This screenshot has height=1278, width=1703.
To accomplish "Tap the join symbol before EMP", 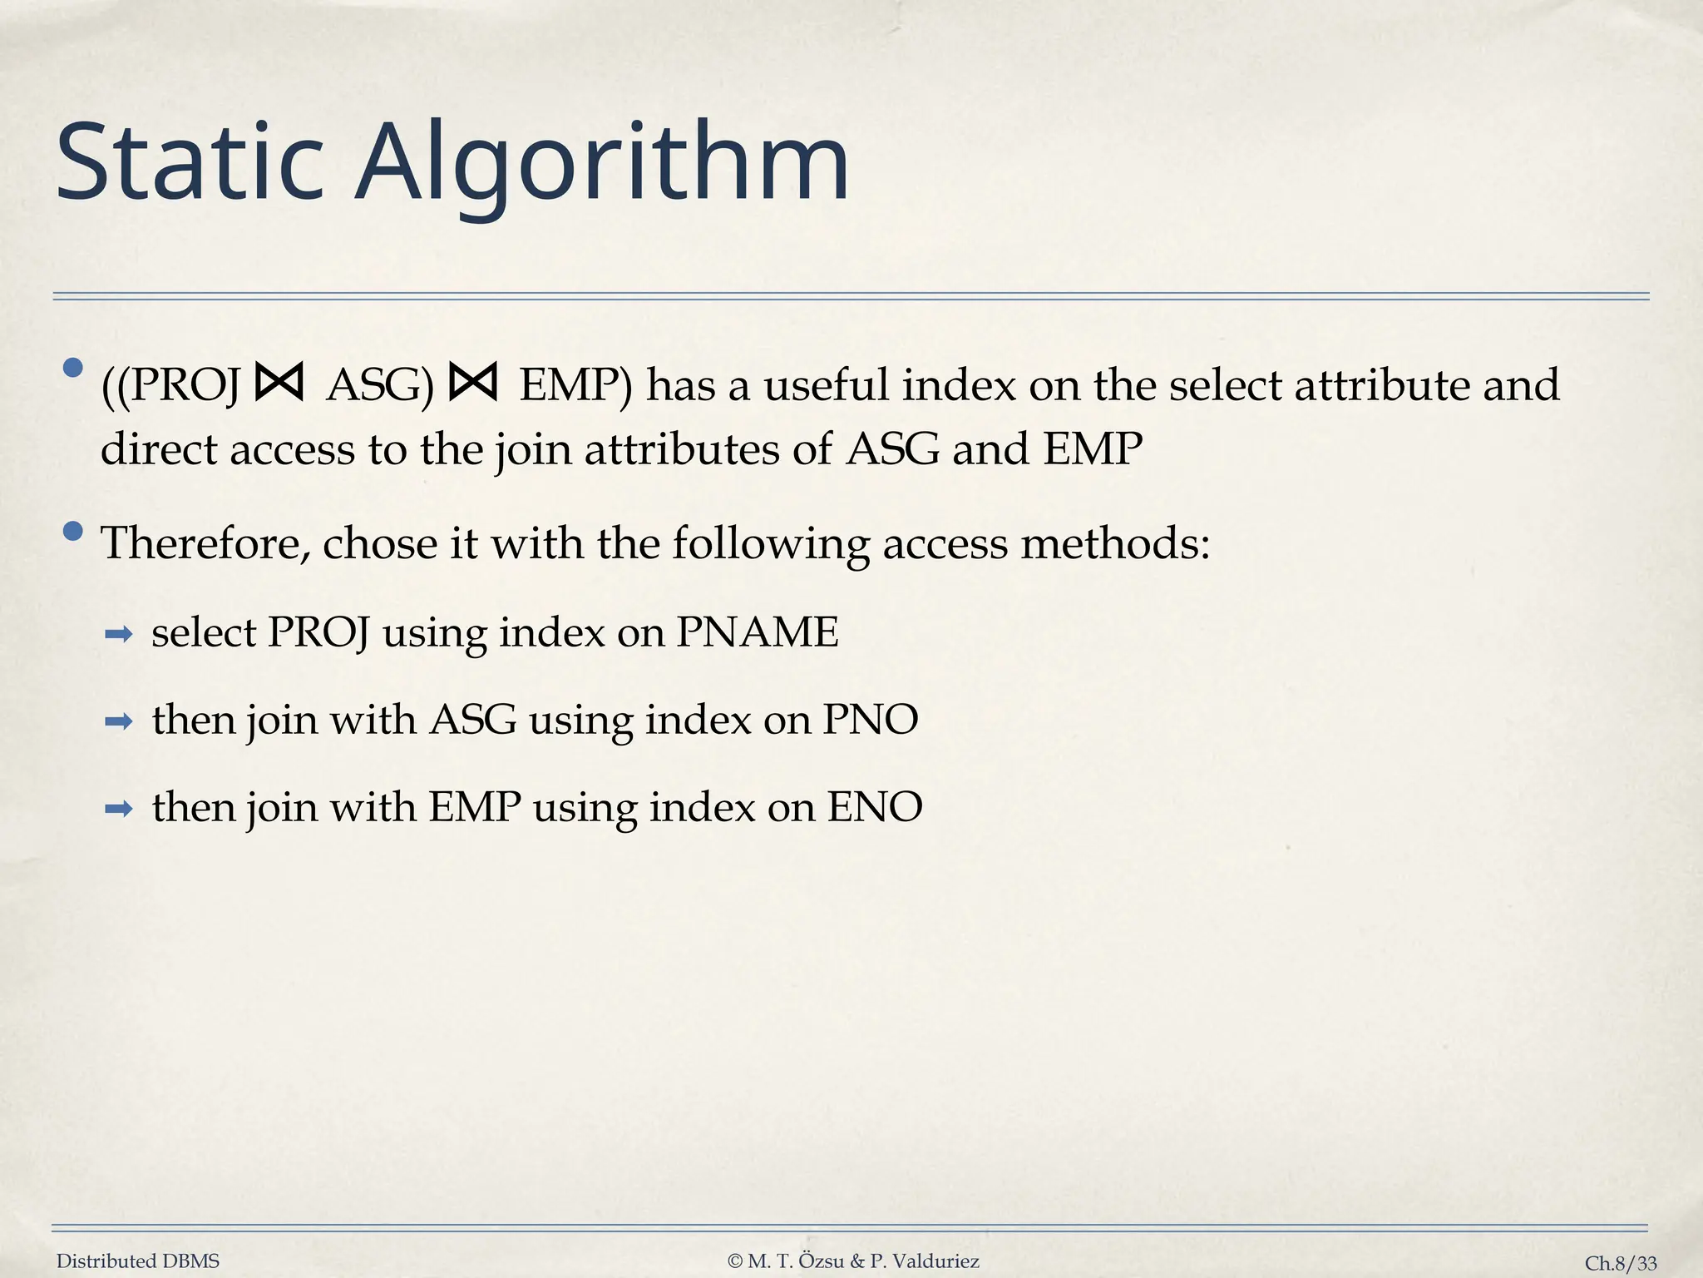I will (472, 384).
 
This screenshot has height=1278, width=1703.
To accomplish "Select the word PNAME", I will (757, 632).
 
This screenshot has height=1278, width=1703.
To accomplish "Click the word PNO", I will (870, 720).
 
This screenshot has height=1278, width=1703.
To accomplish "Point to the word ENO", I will (874, 807).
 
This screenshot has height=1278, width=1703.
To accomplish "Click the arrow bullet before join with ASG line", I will (119, 722).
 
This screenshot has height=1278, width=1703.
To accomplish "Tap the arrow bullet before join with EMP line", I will (119, 809).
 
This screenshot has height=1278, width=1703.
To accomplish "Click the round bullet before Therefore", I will (73, 531).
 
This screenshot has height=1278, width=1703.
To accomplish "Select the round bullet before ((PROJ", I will (73, 367).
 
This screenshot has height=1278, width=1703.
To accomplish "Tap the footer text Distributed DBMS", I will (138, 1261).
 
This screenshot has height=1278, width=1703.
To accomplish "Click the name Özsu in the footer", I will (822, 1261).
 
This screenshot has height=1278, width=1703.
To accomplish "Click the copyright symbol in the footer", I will (734, 1261).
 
